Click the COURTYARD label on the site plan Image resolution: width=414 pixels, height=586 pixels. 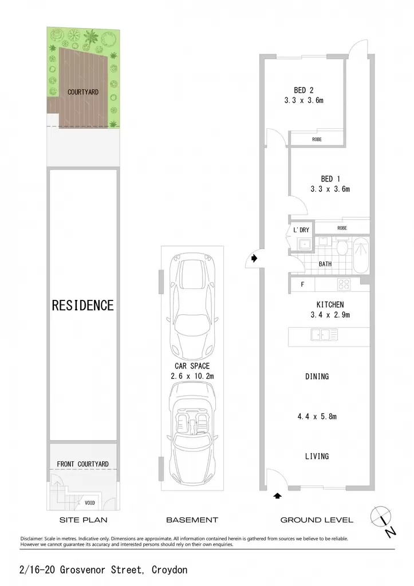pos(83,92)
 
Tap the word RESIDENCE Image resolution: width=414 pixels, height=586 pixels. pos(82,306)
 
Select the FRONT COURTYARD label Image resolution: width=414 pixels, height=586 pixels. pos(82,464)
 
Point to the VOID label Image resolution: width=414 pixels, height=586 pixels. pos(90,502)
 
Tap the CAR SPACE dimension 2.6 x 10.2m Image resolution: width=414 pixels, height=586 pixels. pos(192,376)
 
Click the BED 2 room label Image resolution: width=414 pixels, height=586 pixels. pos(303,90)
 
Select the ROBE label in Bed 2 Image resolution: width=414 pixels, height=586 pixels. pos(317,140)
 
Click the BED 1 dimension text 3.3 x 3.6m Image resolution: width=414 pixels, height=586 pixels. pos(330,189)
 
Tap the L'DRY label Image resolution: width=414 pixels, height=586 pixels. pos(301,230)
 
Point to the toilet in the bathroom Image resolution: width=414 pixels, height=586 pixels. pos(342,247)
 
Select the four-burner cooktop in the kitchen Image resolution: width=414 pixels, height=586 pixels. pos(344,284)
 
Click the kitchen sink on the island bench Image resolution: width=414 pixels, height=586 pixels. pos(324,334)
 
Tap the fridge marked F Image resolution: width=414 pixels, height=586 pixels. pos(302,284)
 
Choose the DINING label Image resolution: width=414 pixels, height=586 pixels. pos(317,377)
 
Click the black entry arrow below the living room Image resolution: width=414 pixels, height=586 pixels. pos(277,496)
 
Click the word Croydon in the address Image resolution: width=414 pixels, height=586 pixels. pos(169,570)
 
